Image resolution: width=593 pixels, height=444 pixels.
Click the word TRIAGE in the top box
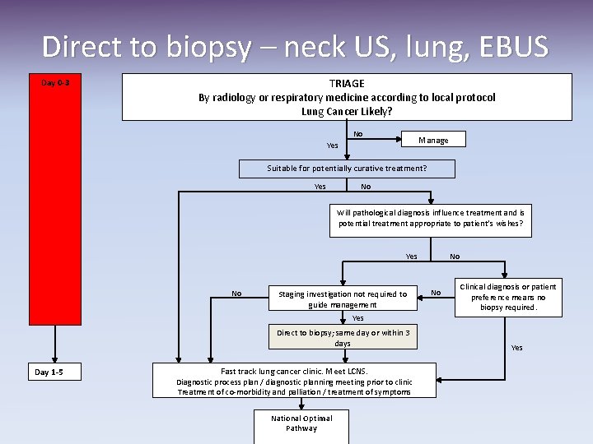347,84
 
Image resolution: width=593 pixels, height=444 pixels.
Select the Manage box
433,140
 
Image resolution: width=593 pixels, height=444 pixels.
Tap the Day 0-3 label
56,82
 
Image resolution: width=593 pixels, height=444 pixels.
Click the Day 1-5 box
49,372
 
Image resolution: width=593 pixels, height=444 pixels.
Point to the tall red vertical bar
55,206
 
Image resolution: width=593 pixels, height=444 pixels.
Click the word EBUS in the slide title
510,46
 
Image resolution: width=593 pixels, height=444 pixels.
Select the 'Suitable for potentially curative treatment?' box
347,169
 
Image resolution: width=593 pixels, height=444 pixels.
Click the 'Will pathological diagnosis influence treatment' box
430,218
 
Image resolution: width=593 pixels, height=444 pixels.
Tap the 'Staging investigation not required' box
343,299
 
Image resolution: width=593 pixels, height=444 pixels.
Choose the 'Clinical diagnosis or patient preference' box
508,298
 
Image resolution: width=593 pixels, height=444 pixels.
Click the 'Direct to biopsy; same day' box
343,338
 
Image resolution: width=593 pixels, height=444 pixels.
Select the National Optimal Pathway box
301,423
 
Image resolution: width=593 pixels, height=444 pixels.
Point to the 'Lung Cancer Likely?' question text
347,111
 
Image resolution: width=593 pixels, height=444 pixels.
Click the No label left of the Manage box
358,134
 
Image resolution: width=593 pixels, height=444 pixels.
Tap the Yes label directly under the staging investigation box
357,318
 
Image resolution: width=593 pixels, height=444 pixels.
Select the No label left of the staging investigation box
236,293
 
